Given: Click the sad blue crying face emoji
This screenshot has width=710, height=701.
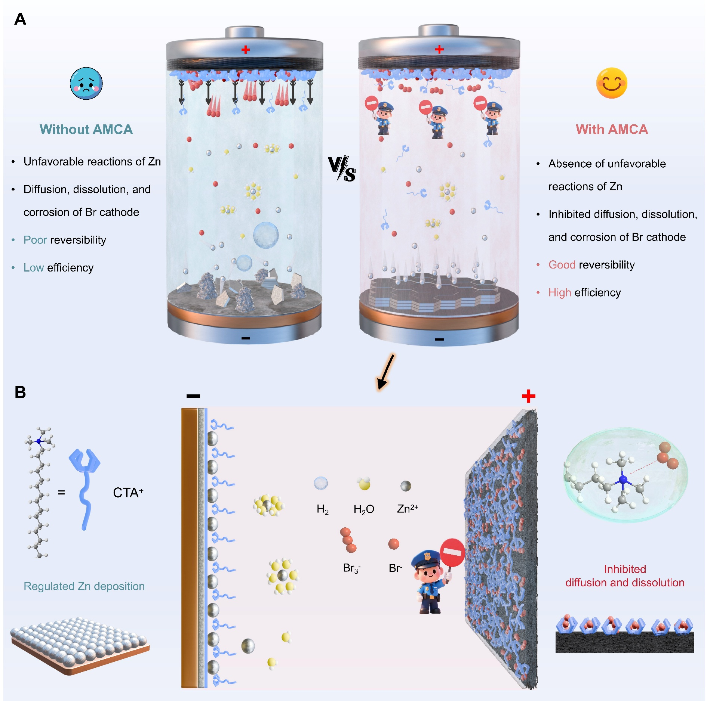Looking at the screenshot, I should coord(86,83).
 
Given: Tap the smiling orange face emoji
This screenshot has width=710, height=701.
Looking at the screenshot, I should coord(611,83).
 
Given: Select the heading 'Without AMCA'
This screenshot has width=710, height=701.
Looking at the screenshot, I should coord(86,129).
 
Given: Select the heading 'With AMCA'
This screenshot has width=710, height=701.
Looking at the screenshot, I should coord(612,129).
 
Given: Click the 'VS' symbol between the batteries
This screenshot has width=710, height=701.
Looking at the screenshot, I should coord(341,169).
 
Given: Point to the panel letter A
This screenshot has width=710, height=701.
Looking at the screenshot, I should coord(20,19).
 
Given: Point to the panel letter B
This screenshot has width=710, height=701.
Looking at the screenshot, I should coord(20,392).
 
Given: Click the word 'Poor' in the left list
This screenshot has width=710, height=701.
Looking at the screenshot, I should coord(35,240).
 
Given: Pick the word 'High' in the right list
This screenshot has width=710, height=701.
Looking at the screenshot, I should coord(559,292).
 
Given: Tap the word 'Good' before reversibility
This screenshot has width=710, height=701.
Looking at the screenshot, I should coord(562,265).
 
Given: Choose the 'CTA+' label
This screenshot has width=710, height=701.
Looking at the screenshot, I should coord(128,493).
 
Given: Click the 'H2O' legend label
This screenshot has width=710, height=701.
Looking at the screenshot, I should coord(363,509).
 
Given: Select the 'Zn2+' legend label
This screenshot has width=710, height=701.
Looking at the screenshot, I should coord(407,509).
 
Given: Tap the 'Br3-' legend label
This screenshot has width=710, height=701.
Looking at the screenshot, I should coord(351,568).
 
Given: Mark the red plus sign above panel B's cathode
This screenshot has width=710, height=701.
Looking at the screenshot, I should coord(528,396).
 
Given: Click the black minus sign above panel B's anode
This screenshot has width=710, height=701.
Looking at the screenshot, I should coord(193,396).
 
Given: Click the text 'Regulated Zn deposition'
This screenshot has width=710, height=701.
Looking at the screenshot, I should coord(84,586).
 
